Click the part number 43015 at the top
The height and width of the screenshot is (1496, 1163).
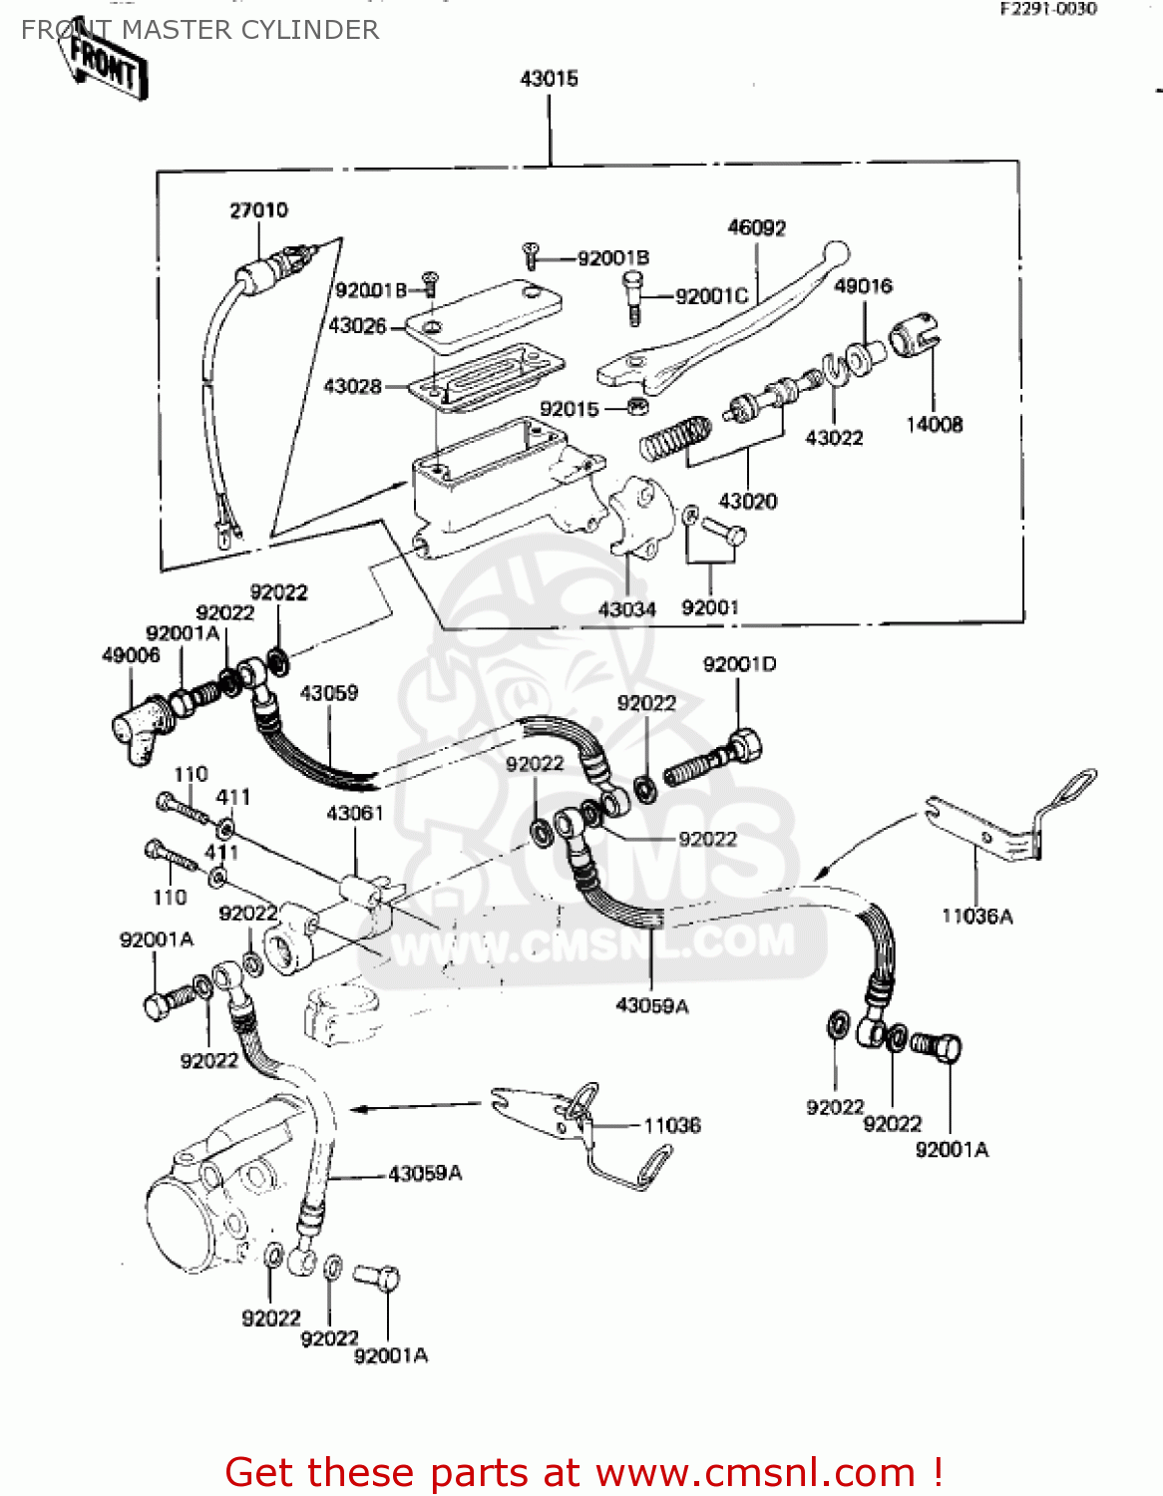point(549,79)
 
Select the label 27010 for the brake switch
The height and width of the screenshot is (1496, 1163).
point(258,210)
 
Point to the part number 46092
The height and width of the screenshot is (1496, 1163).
point(756,228)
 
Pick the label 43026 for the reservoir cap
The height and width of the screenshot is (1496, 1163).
point(357,326)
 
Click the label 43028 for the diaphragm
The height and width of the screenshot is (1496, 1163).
point(352,386)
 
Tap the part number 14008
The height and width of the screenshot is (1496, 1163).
point(934,425)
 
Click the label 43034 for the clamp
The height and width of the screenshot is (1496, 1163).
point(626,608)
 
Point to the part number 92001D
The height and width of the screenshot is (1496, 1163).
point(739,664)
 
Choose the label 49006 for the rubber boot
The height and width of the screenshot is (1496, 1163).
point(131,655)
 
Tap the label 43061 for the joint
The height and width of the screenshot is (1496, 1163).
point(355,814)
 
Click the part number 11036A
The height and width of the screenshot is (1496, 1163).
point(976,916)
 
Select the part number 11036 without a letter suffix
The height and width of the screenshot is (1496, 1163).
point(671,1126)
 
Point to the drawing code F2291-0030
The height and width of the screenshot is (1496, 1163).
point(1048,9)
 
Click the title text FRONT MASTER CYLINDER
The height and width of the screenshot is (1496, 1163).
point(199,30)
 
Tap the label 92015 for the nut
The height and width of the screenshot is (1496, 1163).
point(570,409)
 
